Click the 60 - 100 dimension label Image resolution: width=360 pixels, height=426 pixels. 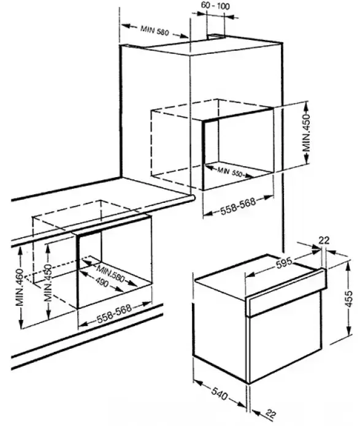coord(215,6)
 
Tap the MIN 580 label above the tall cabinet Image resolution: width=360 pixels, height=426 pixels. coord(155,31)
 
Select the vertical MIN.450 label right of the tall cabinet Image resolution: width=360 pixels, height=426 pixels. coord(307,133)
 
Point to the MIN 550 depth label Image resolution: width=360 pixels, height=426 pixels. coord(229,172)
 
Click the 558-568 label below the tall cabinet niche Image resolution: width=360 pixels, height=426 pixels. coord(238,206)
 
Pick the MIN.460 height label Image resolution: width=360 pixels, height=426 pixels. coord(20,287)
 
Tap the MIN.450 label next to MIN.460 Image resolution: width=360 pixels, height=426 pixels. coord(48,283)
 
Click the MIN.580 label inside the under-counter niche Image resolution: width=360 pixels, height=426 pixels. coord(111,274)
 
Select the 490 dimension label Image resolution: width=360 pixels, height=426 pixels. coord(102,283)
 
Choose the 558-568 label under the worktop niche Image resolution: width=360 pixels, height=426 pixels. coord(114,314)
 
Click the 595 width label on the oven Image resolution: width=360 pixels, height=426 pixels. coord(284,263)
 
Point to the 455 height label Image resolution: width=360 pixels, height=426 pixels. coord(349,299)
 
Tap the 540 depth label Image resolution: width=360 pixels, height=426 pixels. coord(219,395)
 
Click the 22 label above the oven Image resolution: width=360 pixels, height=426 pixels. coord(323,240)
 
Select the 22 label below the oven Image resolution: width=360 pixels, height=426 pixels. coord(270,413)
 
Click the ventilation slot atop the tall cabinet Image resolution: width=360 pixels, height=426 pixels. coord(216,36)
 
